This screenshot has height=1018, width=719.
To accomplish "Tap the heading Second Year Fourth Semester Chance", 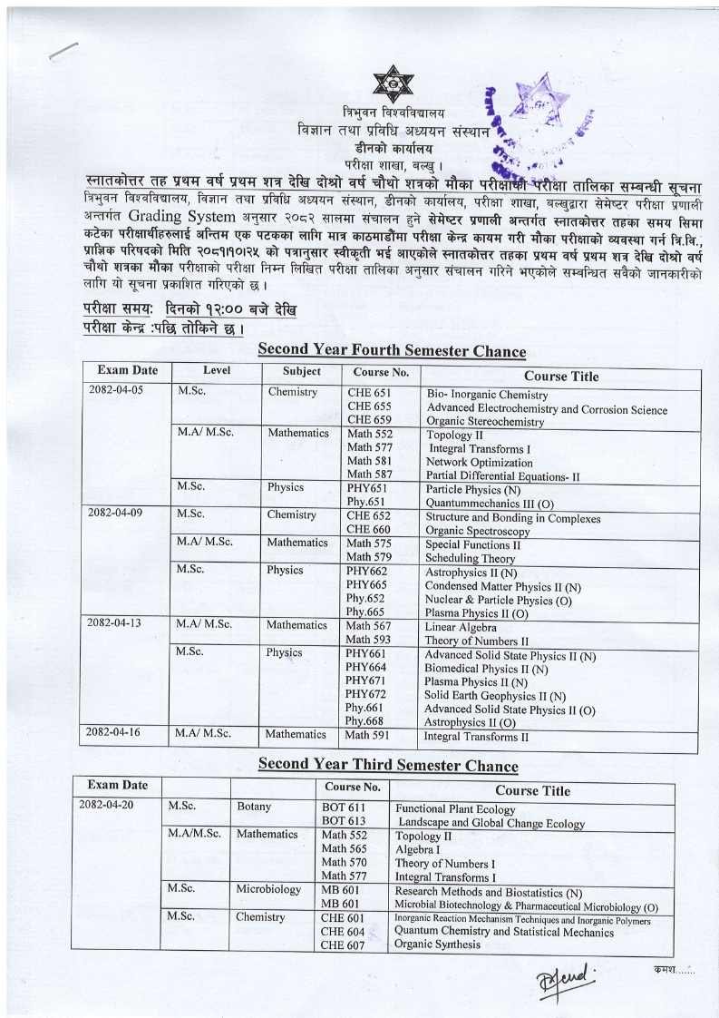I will coord(392,351).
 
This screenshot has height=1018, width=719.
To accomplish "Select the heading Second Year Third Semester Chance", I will coord(388,765).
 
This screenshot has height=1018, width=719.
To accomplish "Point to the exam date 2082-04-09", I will coord(115,513).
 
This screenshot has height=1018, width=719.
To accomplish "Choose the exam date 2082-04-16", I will coord(115,732).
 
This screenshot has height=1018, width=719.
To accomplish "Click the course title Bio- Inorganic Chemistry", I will coord(487,396).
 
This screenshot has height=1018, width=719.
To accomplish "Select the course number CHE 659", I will coord(369,420).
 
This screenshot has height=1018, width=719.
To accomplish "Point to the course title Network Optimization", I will coord(480,463).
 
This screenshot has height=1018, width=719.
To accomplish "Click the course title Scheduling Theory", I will coord(470,559).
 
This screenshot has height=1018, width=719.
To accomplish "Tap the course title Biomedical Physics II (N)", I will coord(486,669).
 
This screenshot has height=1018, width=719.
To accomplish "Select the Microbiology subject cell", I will coord(268,889).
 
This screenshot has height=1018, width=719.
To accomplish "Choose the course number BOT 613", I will coord(344,821).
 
